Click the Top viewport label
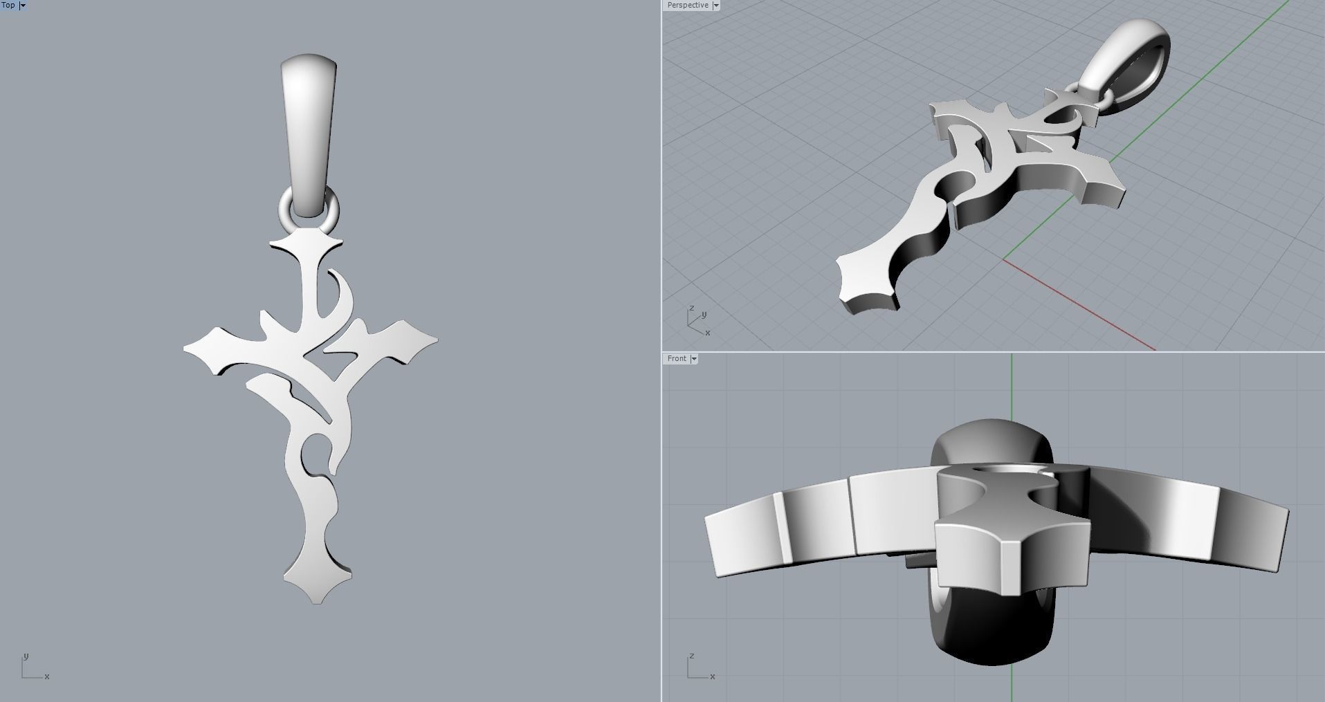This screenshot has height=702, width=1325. pos(8,5)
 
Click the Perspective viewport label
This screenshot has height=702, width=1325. pos(687,5)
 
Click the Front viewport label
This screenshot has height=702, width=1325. pos(677,358)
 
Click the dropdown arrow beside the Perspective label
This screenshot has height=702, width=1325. pos(716,6)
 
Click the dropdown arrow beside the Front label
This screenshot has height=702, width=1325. pos(694,359)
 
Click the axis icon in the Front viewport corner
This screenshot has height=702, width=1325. pos(699,668)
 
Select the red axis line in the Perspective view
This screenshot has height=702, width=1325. pos(1079,305)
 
